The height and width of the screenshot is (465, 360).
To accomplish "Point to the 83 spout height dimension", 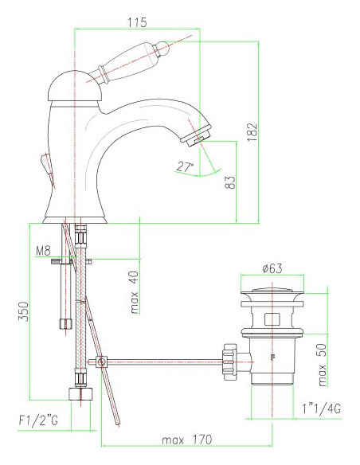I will pos(230,182).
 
